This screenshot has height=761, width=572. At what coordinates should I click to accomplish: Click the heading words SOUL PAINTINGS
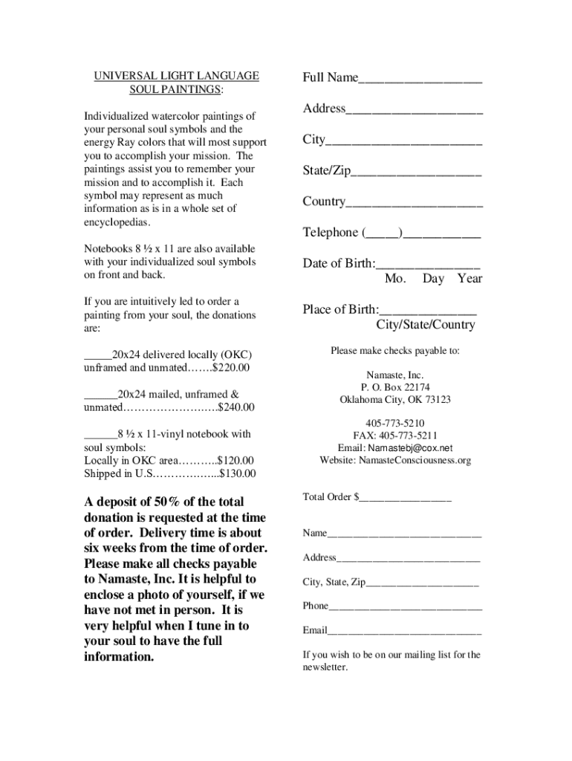coord(175,89)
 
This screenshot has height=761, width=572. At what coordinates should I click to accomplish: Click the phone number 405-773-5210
coord(395,423)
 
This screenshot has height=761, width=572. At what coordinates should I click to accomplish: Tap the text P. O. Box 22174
coord(395,387)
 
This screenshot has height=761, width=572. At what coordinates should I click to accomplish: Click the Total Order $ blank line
coord(405,498)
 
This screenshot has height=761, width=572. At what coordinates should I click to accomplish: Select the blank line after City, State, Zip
coord(422,584)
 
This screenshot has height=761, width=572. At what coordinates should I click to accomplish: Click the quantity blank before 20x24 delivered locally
coord(97,355)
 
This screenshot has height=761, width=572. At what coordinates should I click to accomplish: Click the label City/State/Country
coord(425,325)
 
